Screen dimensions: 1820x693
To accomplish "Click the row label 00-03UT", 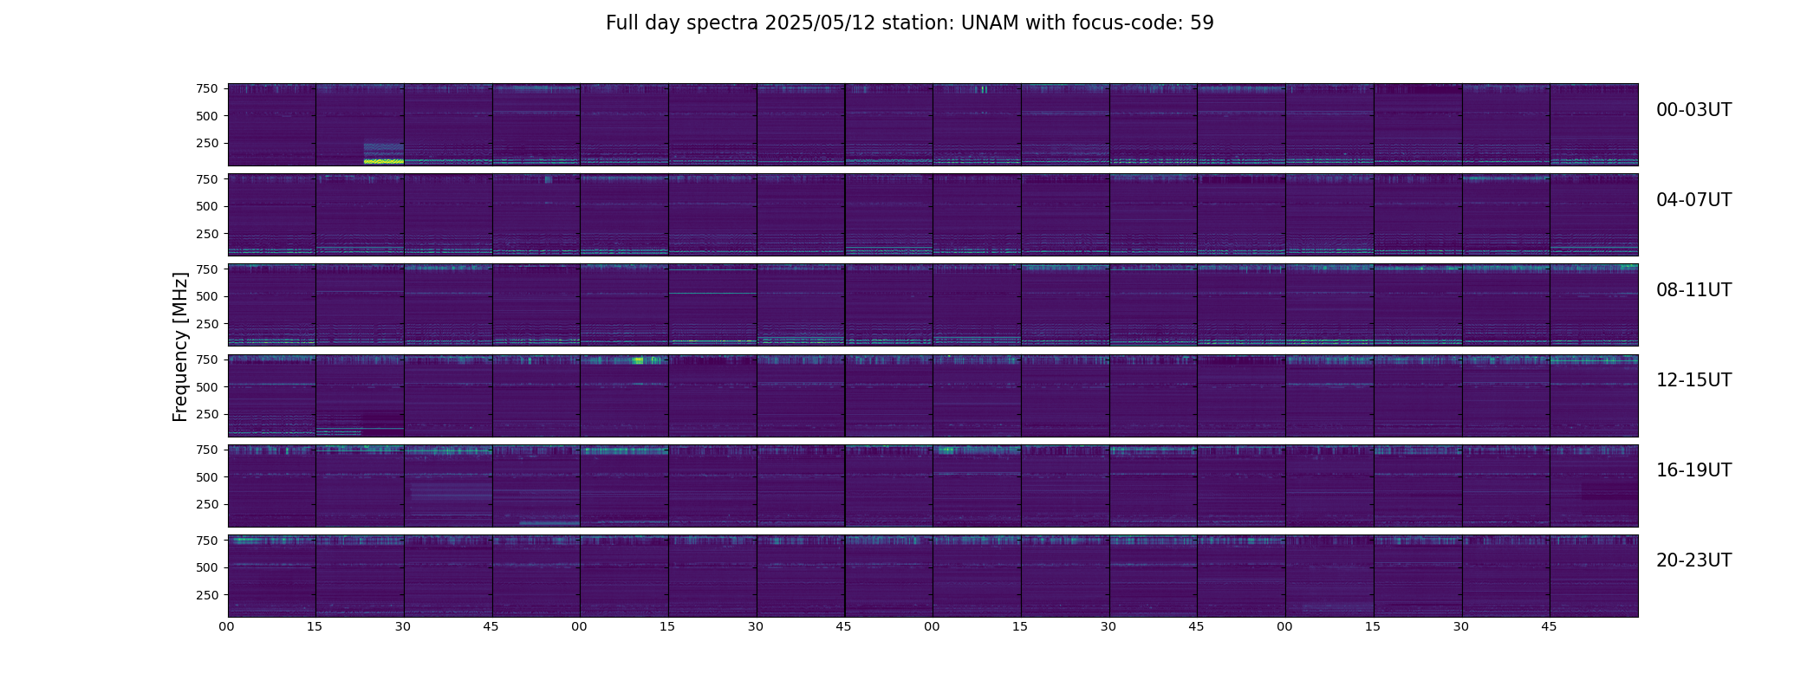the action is tap(1693, 110).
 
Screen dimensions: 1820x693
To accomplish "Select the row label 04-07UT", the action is tap(1693, 200).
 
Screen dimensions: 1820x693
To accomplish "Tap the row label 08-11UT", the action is tap(1693, 290).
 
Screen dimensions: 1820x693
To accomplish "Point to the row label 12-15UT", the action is tap(1693, 380).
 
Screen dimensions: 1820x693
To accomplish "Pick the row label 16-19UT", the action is tap(1693, 470).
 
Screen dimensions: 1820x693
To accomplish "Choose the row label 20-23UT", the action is tap(1693, 560).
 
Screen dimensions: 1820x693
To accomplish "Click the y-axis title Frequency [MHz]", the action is tap(180, 346).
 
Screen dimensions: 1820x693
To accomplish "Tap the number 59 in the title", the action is tap(1202, 23).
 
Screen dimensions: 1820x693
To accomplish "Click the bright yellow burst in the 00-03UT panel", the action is tap(383, 161).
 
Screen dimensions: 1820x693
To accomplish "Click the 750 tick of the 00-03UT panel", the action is tap(207, 88).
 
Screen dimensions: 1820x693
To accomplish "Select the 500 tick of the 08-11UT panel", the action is tap(207, 296).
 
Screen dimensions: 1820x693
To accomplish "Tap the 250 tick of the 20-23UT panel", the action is tap(207, 595).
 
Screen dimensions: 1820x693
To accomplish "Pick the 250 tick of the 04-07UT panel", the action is tap(207, 234).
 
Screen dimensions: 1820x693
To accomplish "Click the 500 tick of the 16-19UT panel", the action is tap(207, 477).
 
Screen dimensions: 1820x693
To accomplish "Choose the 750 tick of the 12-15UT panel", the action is tap(207, 359).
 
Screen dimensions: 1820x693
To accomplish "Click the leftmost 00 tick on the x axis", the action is tap(227, 626).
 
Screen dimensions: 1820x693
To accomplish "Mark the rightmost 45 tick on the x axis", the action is tap(1550, 626).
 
